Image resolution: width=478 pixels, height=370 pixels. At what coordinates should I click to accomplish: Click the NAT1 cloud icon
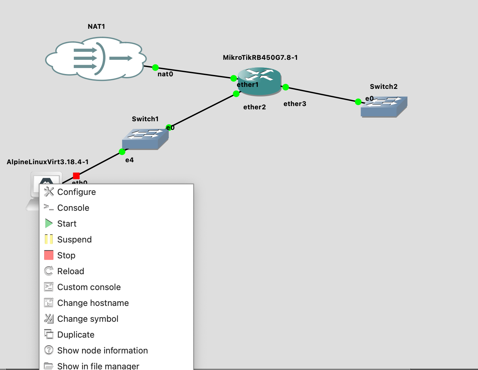[96, 58]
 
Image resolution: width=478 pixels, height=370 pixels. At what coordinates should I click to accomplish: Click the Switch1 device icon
[145, 139]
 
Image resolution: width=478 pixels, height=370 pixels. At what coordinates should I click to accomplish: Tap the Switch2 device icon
[384, 106]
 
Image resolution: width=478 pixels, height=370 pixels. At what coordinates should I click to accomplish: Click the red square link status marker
[76, 176]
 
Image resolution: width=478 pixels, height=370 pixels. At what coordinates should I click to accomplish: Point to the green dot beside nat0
[155, 68]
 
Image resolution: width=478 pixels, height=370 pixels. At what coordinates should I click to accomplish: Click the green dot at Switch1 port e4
[122, 152]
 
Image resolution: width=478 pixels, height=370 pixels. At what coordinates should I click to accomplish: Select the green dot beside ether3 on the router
[285, 87]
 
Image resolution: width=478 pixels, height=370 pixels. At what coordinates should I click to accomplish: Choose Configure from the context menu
[76, 192]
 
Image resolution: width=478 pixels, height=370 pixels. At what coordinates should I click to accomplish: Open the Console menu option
[73, 208]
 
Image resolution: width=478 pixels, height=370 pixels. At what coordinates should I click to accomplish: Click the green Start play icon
[49, 224]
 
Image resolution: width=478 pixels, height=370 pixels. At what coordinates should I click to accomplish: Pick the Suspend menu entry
[75, 240]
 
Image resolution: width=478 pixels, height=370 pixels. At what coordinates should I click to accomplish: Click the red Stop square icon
[49, 255]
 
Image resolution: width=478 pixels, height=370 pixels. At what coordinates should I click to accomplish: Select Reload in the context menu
[71, 271]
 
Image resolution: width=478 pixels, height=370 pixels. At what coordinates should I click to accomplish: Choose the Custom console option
[89, 287]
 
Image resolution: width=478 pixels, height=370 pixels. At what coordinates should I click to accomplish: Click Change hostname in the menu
[93, 303]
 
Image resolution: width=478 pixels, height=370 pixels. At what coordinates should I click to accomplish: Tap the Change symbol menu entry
[88, 319]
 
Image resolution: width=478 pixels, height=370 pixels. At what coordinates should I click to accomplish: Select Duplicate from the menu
[76, 335]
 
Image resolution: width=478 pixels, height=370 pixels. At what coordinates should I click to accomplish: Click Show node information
[103, 351]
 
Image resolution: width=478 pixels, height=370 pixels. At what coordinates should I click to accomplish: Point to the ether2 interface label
[254, 107]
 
